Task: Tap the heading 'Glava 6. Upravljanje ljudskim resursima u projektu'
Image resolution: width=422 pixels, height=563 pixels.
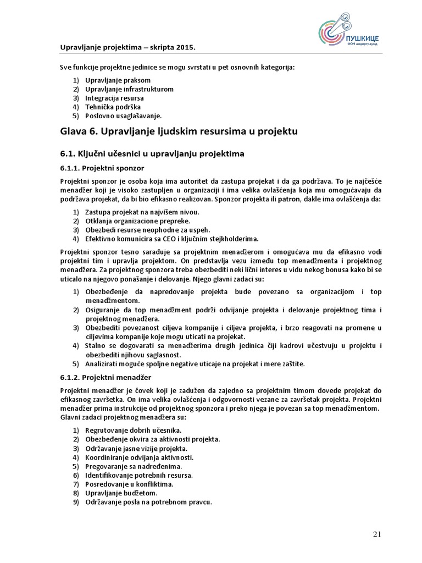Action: click(179, 131)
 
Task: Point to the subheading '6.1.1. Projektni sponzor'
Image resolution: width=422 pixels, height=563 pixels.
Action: click(102, 167)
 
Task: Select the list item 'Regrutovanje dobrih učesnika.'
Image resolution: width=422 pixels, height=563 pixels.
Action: click(133, 430)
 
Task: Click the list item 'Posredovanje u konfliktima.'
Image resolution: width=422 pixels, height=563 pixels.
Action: click(129, 484)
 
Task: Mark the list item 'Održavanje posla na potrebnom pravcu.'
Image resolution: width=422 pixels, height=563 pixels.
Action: click(148, 502)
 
